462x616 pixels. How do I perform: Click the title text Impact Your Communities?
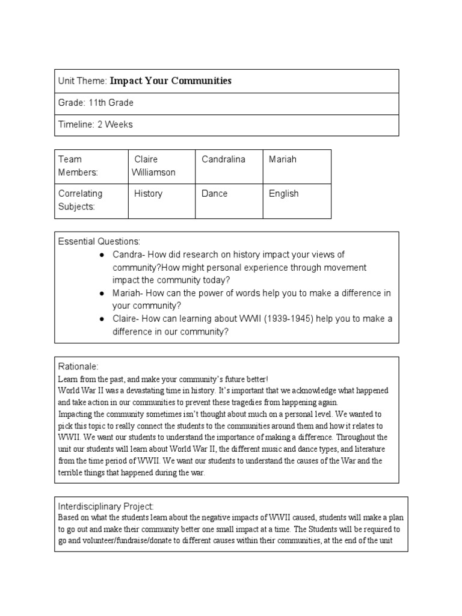click(170, 81)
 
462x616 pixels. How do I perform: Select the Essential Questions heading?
click(99, 241)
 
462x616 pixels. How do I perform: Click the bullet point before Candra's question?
click(102, 255)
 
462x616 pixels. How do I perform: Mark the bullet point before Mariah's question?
click(102, 293)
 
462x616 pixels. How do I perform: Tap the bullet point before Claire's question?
click(102, 319)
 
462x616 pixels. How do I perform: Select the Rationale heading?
click(78, 366)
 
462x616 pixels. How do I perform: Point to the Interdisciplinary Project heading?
click(106, 506)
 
